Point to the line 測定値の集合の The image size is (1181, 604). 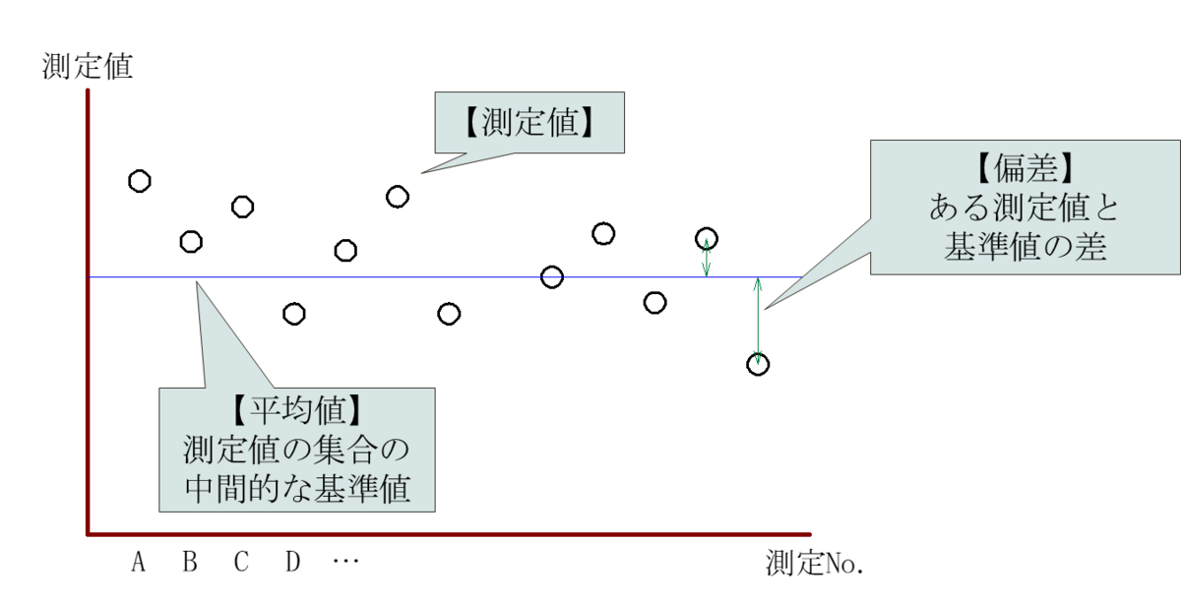click(x=296, y=450)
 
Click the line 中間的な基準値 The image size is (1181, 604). click(x=296, y=489)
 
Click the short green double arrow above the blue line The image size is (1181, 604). click(x=706, y=257)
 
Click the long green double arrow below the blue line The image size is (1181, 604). click(x=758, y=322)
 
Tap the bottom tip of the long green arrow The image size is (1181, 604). click(x=758, y=363)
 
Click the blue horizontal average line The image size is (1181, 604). click(x=394, y=277)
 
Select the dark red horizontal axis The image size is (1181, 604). click(x=443, y=534)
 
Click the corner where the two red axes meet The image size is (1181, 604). click(x=88, y=534)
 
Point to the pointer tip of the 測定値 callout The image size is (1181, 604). click(x=422, y=174)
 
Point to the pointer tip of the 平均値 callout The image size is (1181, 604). click(x=196, y=281)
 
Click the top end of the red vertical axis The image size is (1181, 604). click(x=88, y=91)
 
